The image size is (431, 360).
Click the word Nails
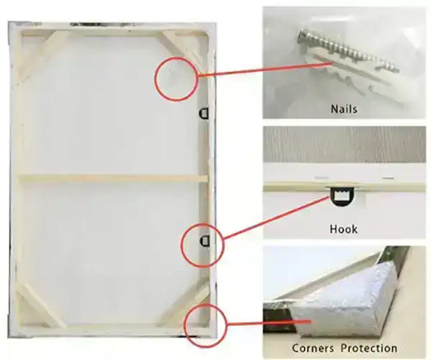pyautogui.click(x=344, y=109)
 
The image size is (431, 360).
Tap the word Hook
pyautogui.click(x=344, y=229)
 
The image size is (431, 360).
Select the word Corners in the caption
pyautogui.click(x=312, y=348)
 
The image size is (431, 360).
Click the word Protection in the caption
pyautogui.click(x=370, y=348)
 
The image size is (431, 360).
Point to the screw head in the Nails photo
pyautogui.click(x=302, y=36)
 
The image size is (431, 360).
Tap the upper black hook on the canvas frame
pyautogui.click(x=204, y=113)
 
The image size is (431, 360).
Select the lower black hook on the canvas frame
pyautogui.click(x=205, y=240)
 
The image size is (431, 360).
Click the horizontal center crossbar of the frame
pyautogui.click(x=113, y=179)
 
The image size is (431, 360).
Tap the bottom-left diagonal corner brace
pyautogui.click(x=41, y=305)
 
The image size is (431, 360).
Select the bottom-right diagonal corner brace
pyautogui.click(x=183, y=303)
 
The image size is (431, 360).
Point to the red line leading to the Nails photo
pyautogui.click(x=265, y=69)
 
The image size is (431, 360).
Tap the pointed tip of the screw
pyautogui.click(x=398, y=70)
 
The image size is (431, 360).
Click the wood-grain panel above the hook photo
pyautogui.click(x=344, y=144)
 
